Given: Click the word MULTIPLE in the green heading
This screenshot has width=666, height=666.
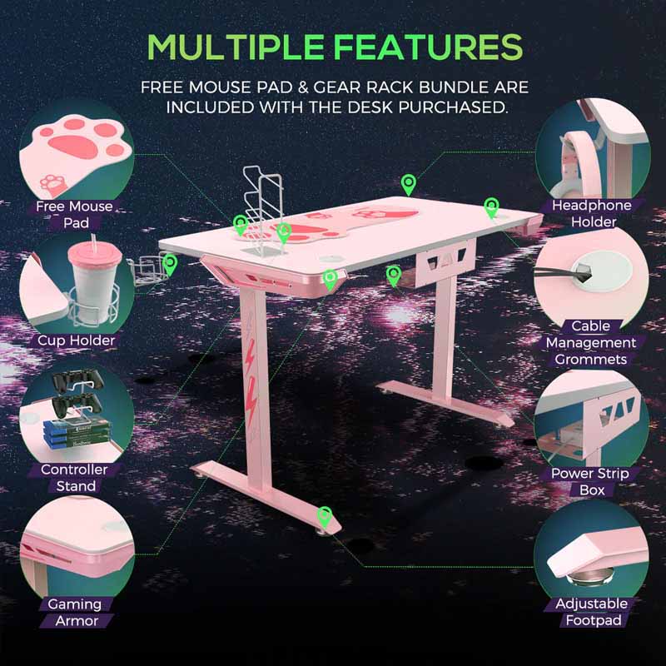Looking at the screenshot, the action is tap(236, 47).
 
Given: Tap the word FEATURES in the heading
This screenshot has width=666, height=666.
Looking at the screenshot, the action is tap(428, 47).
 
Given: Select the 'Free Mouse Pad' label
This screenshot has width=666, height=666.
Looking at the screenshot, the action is tap(75, 215).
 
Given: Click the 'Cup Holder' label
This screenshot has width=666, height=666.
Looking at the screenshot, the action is tap(76, 340).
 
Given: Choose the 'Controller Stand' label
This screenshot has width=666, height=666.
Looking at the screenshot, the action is tap(74, 477).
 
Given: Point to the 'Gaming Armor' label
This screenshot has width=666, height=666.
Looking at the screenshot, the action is tap(76, 613).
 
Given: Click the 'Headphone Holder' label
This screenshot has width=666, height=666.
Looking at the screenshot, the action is tap(592, 214).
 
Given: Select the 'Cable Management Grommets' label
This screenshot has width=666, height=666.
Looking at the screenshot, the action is tap(591, 343).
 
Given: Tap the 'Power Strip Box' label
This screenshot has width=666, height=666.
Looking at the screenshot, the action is tap(590, 481).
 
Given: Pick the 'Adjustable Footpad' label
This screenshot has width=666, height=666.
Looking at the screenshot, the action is tap(592, 612).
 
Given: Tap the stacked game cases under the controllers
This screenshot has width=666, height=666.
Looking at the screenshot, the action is tap(76, 433).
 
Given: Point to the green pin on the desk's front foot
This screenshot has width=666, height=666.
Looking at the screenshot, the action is tap(325, 517).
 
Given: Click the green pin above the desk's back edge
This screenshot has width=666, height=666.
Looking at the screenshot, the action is tap(408, 185).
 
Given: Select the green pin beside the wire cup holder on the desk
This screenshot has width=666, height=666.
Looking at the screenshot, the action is tap(170, 265).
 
